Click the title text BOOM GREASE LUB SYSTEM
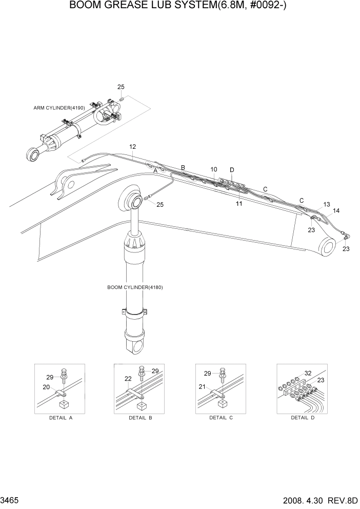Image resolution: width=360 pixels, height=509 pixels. (x=180, y=7)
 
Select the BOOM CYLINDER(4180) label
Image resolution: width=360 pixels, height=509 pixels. (x=135, y=287)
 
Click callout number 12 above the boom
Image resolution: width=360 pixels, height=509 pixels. (x=132, y=147)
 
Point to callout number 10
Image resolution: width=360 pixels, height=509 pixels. (x=214, y=169)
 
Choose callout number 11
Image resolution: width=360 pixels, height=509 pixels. (x=239, y=204)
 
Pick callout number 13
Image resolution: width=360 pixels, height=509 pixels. (x=327, y=204)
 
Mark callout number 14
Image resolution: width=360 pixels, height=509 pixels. (x=336, y=210)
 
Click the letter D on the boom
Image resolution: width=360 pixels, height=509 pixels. (x=232, y=170)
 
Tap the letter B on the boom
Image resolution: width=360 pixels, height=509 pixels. (x=183, y=167)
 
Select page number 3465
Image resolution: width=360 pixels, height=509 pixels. (x=10, y=500)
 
